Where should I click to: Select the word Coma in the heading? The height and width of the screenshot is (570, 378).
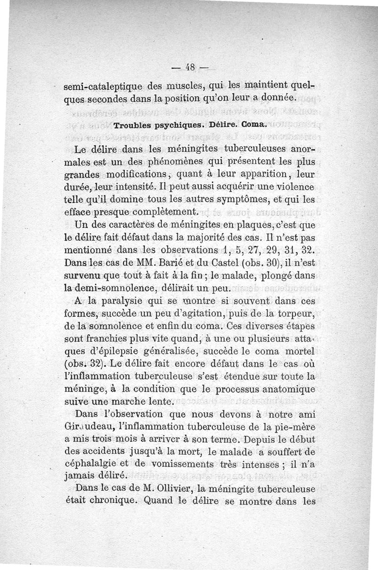[x=253, y=126]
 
